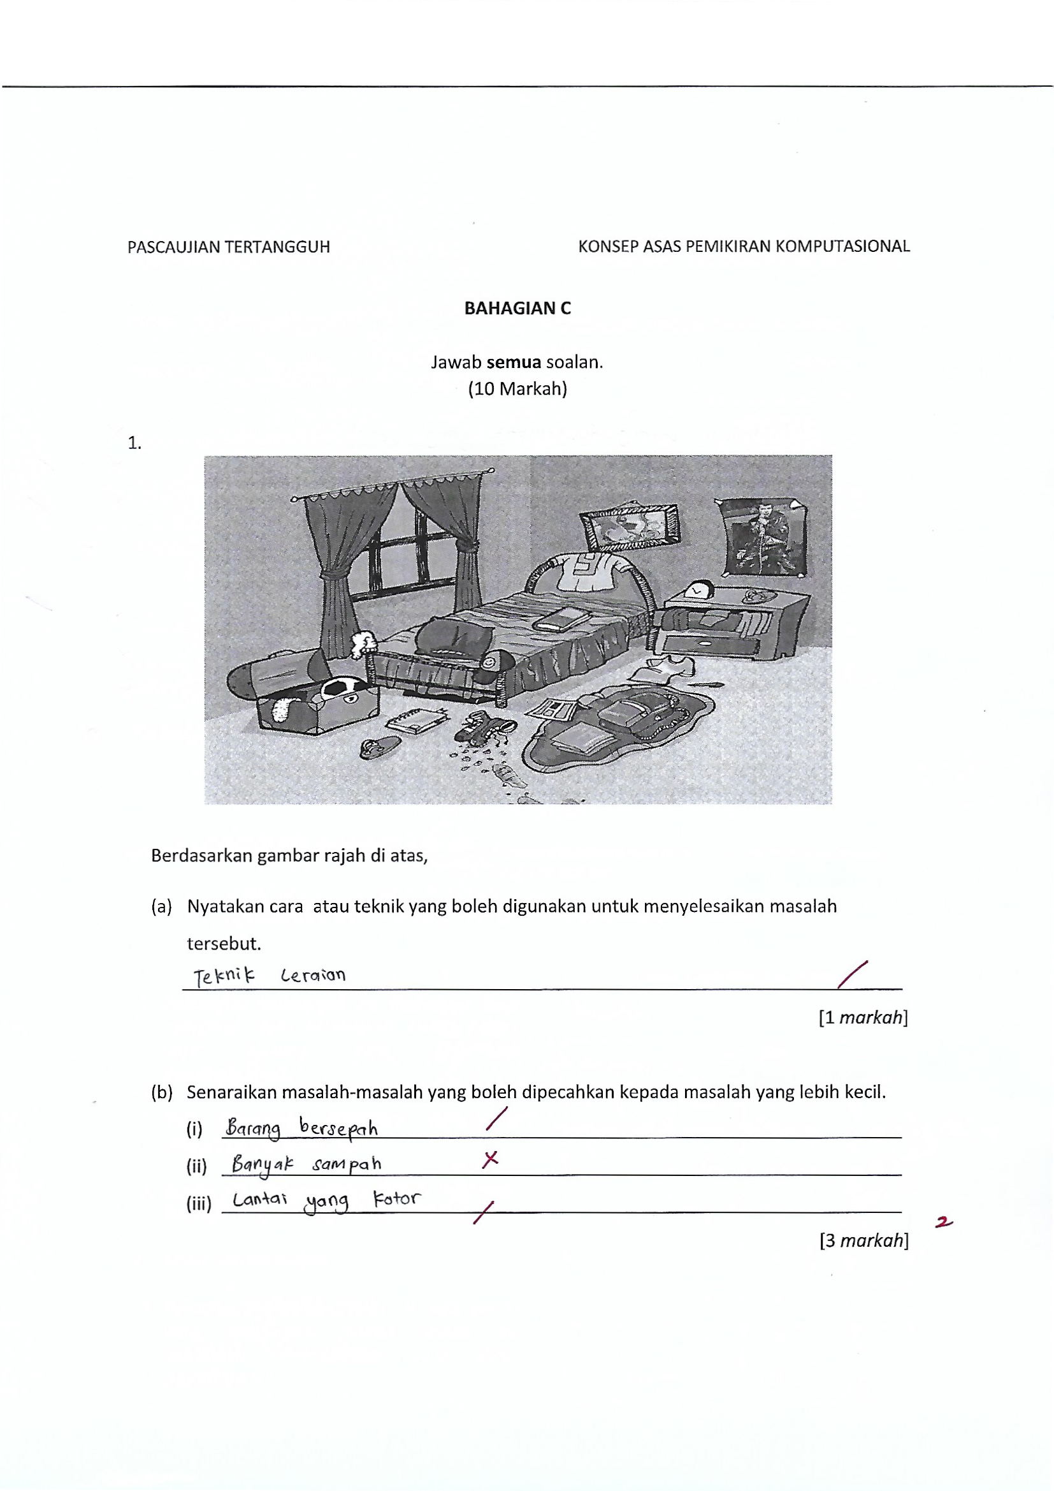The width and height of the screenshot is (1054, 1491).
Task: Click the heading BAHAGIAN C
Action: tap(517, 309)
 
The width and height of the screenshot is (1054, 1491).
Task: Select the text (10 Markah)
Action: tap(517, 389)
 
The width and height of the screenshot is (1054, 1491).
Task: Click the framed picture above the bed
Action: tap(628, 526)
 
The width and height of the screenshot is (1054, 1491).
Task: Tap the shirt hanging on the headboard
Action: tap(591, 571)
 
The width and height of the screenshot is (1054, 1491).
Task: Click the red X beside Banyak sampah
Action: tap(491, 1159)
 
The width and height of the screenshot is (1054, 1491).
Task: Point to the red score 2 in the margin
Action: tap(944, 1223)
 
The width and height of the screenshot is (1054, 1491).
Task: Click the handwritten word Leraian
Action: tap(313, 975)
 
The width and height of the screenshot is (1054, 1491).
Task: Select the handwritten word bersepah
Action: tap(338, 1128)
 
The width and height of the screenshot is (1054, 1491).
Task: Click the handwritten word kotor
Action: tap(396, 1199)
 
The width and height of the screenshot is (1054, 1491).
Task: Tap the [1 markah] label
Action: tap(863, 1018)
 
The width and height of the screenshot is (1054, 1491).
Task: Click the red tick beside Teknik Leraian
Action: tap(852, 974)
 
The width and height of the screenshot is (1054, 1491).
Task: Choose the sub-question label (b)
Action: tap(162, 1092)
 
